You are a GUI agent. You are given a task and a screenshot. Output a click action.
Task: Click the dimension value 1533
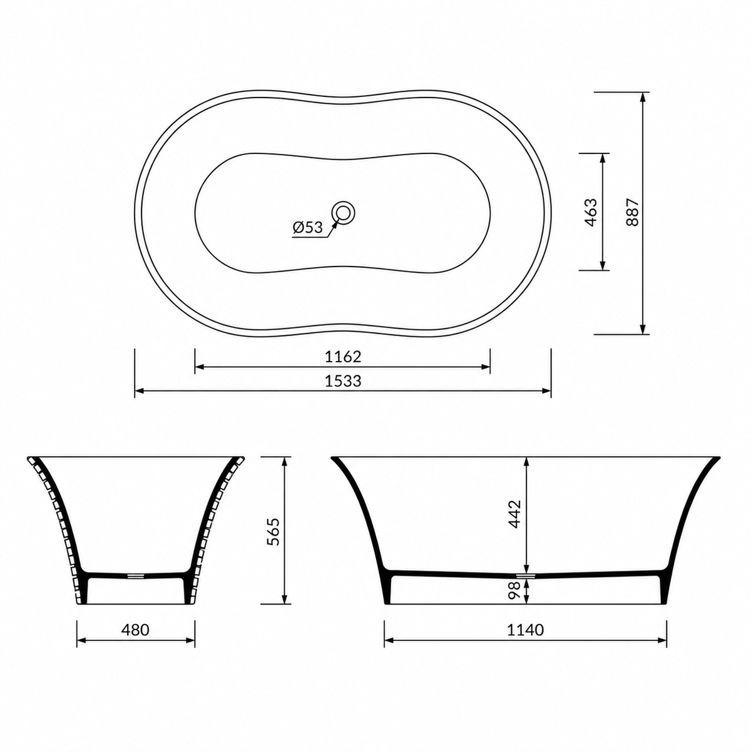click(x=343, y=381)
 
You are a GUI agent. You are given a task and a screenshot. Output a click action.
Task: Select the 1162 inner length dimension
click(x=343, y=357)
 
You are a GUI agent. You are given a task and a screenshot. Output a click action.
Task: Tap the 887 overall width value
click(x=632, y=212)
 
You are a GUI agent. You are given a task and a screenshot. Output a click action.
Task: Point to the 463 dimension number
click(x=591, y=212)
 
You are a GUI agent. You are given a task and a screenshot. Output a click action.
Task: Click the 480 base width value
click(x=135, y=630)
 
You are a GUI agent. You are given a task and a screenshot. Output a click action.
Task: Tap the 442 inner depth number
click(x=515, y=514)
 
